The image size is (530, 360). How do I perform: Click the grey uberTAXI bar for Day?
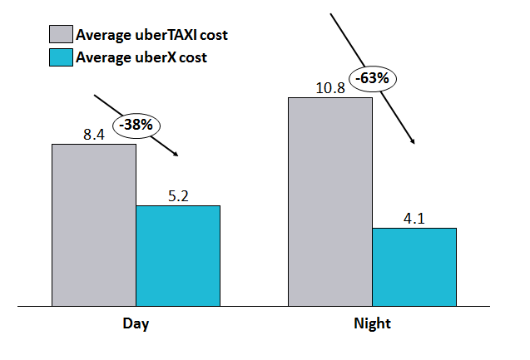94,224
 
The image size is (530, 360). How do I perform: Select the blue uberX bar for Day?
178,255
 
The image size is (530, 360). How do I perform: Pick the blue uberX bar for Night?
414,266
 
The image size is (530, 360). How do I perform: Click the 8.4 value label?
94,132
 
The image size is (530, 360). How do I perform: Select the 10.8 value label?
329,86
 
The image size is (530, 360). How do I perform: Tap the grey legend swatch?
61,35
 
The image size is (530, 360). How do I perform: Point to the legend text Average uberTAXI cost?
151,35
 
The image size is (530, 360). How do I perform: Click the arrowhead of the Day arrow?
176,154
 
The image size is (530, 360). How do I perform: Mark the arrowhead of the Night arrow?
413,144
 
